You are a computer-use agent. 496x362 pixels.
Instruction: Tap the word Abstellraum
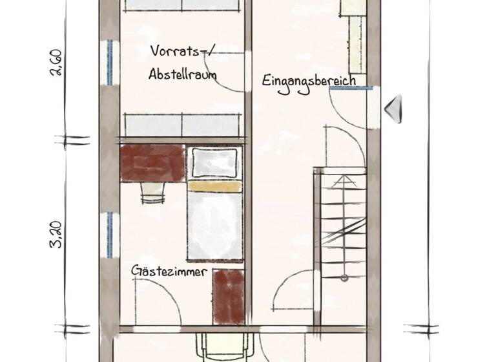(x=182, y=74)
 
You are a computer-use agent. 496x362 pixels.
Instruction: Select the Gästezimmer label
(x=169, y=271)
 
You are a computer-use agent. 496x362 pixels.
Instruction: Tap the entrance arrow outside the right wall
(x=393, y=108)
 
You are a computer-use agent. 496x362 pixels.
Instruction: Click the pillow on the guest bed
(x=214, y=162)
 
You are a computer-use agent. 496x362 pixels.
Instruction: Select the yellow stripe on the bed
(x=214, y=186)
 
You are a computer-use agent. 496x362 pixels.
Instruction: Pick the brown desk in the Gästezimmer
(x=152, y=163)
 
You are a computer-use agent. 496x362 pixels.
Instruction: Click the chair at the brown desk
(x=152, y=188)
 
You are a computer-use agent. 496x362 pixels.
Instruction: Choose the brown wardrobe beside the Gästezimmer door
(x=229, y=295)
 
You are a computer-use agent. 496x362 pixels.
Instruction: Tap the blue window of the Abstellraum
(x=110, y=62)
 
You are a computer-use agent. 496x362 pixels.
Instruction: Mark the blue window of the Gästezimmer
(x=110, y=234)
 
